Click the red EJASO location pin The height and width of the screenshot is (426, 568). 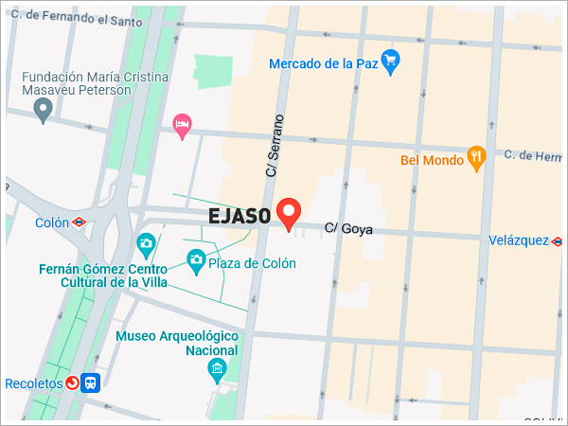[288, 213]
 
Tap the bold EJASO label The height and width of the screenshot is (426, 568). [240, 216]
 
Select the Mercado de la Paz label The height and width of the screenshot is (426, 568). [324, 63]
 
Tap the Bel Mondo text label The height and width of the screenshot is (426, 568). [433, 160]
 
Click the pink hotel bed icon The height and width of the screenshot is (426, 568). [182, 124]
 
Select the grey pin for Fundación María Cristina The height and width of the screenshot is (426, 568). [42, 112]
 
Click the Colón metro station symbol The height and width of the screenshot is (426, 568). [79, 222]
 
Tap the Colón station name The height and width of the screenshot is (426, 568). [51, 223]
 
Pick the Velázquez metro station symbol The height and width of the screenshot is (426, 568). [558, 241]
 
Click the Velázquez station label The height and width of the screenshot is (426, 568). [519, 241]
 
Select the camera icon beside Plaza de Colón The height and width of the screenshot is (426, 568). [195, 258]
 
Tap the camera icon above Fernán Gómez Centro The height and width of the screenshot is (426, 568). [146, 244]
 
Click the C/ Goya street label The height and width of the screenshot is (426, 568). [348, 229]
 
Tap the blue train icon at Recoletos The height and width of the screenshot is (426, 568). [90, 382]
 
